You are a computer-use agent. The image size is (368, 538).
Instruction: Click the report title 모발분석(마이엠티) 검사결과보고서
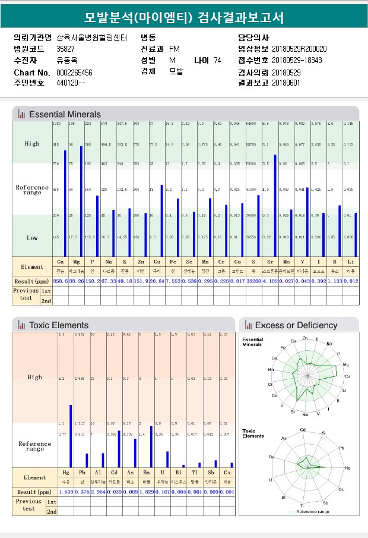pyautogui.click(x=184, y=17)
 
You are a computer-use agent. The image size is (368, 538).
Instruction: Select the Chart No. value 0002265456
pyautogui.click(x=74, y=73)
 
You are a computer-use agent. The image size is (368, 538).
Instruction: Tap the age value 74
pyautogui.click(x=217, y=60)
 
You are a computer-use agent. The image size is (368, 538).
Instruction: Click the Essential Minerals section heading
pyautogui.click(x=65, y=114)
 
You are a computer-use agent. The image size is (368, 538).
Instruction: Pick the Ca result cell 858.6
pyautogui.click(x=60, y=281)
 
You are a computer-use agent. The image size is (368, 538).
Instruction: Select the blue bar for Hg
pyautogui.click(x=71, y=436)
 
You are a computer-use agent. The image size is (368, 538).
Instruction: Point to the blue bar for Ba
pyautogui.click(x=151, y=446)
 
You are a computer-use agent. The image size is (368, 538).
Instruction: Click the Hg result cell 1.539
pyautogui.click(x=66, y=492)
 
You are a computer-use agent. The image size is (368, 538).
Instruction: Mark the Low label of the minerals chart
pyautogui.click(x=32, y=238)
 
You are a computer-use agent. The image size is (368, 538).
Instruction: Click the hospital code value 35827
pyautogui.click(x=65, y=49)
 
